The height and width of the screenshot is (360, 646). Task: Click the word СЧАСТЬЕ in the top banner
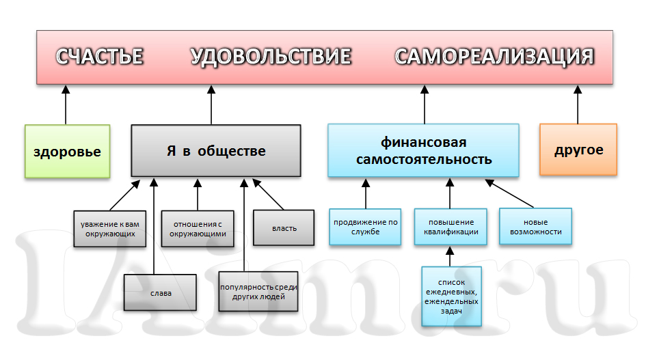(x=99, y=57)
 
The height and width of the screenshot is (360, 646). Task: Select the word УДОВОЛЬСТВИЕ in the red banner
(x=271, y=57)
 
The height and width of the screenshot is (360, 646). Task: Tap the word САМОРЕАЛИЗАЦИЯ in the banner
(x=494, y=57)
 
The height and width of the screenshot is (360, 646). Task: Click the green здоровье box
(x=67, y=151)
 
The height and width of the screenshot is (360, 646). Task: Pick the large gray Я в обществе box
(x=216, y=151)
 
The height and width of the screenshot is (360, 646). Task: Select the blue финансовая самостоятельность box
(x=423, y=150)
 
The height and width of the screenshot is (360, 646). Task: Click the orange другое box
(x=578, y=150)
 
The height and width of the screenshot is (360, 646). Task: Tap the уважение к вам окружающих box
(x=109, y=229)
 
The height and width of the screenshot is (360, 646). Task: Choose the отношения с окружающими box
(x=198, y=229)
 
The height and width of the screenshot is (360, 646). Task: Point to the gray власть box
(x=284, y=227)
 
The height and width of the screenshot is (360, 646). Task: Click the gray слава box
(x=160, y=292)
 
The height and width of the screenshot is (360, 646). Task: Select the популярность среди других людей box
(x=258, y=291)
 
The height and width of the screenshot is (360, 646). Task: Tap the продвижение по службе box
(x=365, y=227)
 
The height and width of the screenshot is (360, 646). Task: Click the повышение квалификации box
(x=450, y=227)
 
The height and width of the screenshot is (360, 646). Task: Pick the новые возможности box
(x=535, y=227)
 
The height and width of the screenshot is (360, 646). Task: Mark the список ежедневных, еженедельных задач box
(x=452, y=296)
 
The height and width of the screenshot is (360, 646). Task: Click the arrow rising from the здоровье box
(x=66, y=105)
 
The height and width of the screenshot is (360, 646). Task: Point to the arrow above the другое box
(x=578, y=105)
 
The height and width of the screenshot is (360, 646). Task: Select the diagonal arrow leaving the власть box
(x=268, y=194)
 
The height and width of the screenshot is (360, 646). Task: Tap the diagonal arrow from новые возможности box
(x=509, y=193)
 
